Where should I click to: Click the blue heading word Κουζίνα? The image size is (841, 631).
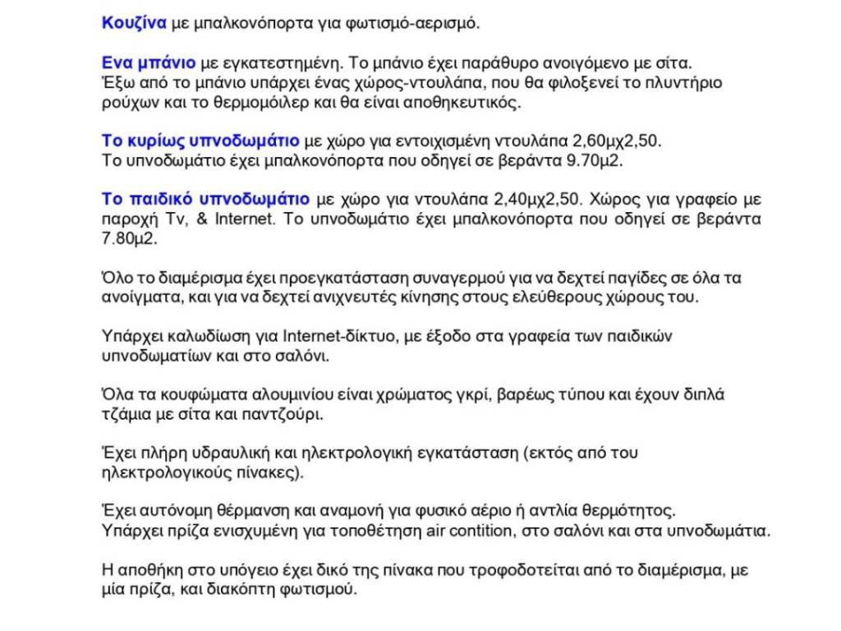134,22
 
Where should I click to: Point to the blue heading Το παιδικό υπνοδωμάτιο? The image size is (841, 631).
205,200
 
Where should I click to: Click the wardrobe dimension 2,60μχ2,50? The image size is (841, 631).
615,140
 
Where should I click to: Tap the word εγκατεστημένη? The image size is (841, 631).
270,63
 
